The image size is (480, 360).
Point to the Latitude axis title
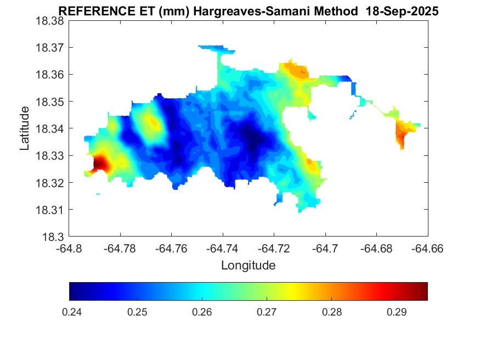[25, 128]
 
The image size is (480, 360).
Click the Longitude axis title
[248, 266]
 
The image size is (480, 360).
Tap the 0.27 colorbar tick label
[267, 312]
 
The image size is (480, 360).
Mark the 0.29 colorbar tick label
[397, 312]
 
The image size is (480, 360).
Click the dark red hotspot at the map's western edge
[100, 164]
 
